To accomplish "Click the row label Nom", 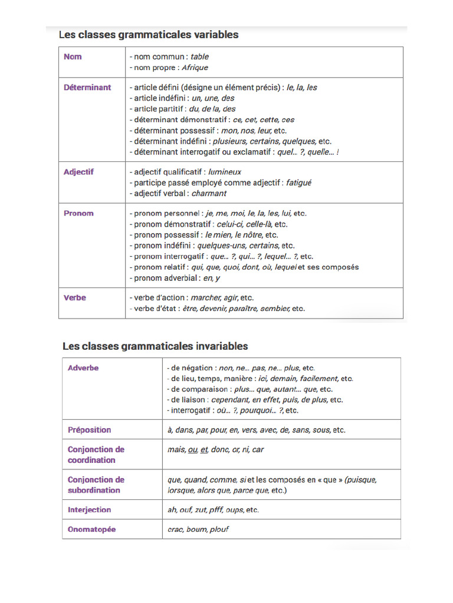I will [x=73, y=57].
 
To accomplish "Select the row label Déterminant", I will [x=87, y=87].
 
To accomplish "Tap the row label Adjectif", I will [x=78, y=172].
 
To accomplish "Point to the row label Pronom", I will [x=78, y=213].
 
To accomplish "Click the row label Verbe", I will [x=75, y=297].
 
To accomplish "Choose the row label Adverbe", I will [x=83, y=368].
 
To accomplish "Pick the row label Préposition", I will [x=89, y=430].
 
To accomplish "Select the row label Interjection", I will [x=89, y=509].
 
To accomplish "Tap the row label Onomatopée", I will [x=91, y=529].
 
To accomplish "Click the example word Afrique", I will [x=195, y=68].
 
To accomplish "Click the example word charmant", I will [x=209, y=193].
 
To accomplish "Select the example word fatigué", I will [x=298, y=183].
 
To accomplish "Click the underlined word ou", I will [x=192, y=449].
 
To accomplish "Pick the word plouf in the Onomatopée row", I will [x=219, y=529].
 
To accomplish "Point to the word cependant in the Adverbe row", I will [x=231, y=400].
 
